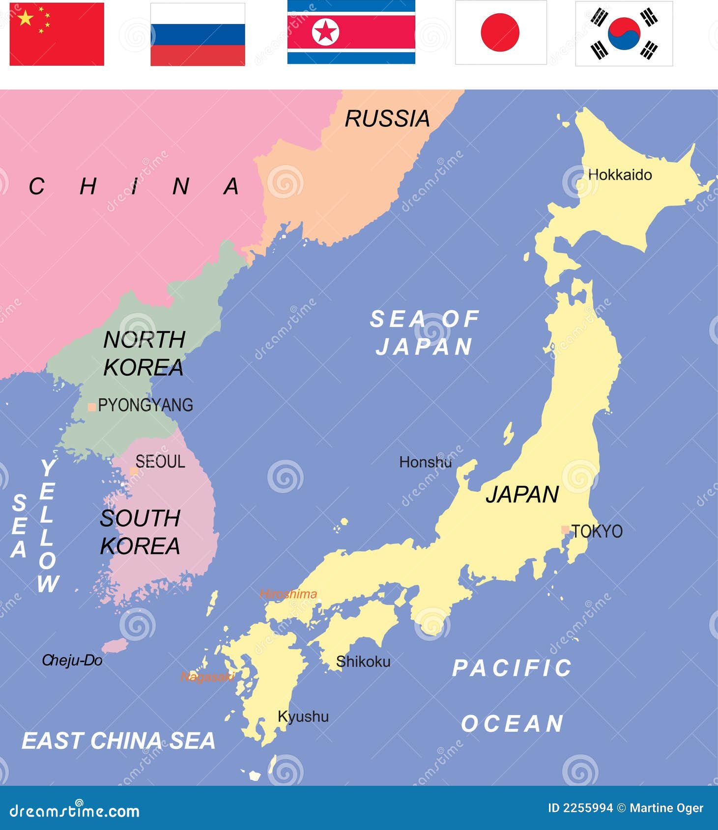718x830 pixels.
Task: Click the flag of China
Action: tap(57, 34)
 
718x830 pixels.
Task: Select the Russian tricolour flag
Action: tap(198, 34)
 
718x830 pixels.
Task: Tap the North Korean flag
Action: tap(351, 32)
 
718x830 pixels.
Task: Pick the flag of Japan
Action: tap(500, 32)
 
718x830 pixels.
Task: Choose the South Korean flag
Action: tap(624, 33)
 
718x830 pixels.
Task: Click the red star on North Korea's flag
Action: tap(325, 32)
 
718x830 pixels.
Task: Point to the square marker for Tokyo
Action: tap(565, 529)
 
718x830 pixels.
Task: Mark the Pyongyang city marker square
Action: tap(91, 407)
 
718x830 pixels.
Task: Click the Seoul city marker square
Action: tap(133, 470)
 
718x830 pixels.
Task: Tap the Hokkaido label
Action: tap(620, 175)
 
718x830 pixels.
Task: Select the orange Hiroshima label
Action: tap(288, 594)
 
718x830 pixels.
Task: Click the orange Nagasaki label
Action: tap(207, 677)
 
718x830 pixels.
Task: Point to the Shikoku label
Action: tap(363, 662)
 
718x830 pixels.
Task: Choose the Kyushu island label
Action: tap(303, 717)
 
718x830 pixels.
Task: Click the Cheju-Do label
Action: tap(72, 660)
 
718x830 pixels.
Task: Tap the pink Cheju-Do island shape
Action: tap(115, 645)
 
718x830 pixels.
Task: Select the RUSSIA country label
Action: tap(387, 119)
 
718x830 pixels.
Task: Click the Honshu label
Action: tap(425, 462)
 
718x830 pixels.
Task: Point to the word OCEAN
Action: tap(512, 723)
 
